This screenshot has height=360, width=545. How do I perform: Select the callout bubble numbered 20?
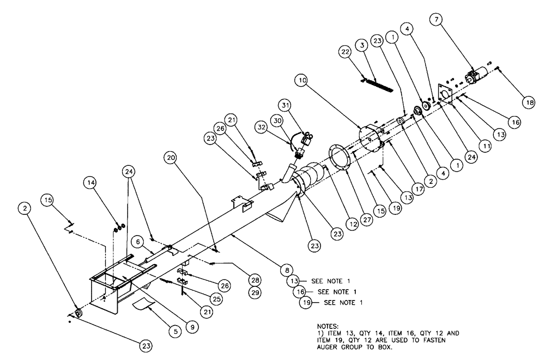172,158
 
